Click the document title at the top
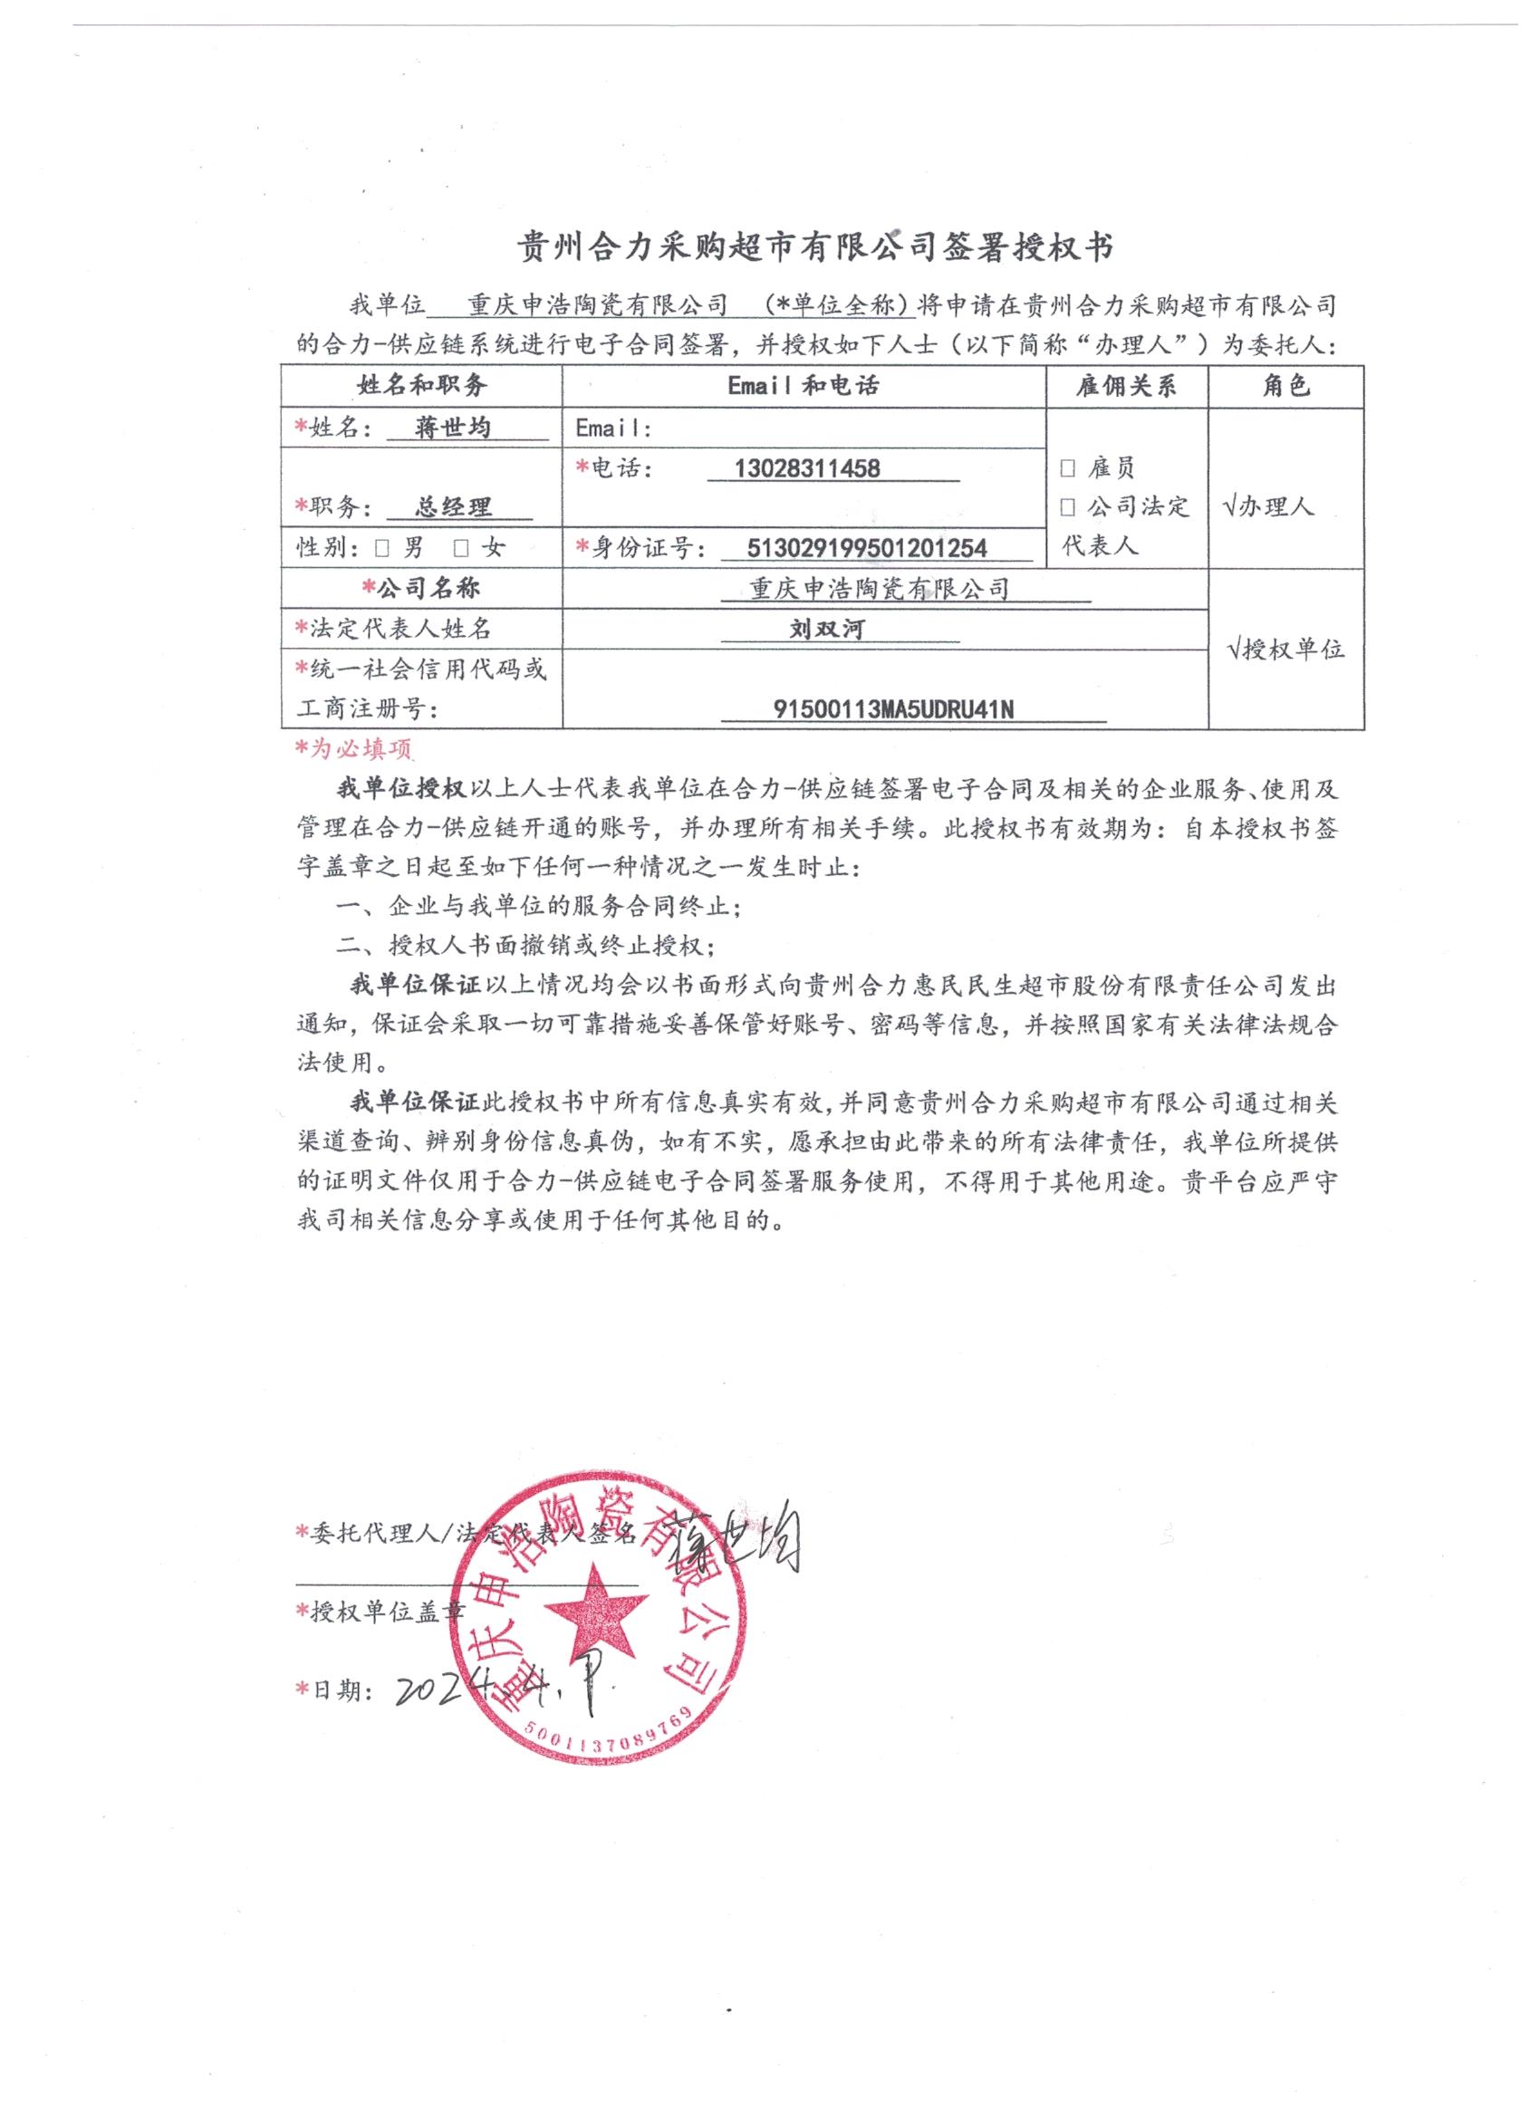pyautogui.click(x=815, y=248)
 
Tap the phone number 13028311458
pyautogui.click(x=807, y=467)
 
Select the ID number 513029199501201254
pyautogui.click(x=868, y=548)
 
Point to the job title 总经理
pyautogui.click(x=453, y=507)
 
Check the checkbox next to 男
pyautogui.click(x=380, y=548)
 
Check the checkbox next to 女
pyautogui.click(x=460, y=548)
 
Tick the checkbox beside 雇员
pyautogui.click(x=1067, y=467)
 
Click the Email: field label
pyautogui.click(x=612, y=428)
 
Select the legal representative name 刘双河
pyautogui.click(x=826, y=630)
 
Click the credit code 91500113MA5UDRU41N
pyautogui.click(x=894, y=710)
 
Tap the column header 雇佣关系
pyautogui.click(x=1125, y=387)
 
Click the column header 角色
pyautogui.click(x=1285, y=387)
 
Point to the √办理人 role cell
pyautogui.click(x=1267, y=507)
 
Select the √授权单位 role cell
pyautogui.click(x=1286, y=650)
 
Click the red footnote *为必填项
pyautogui.click(x=353, y=749)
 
